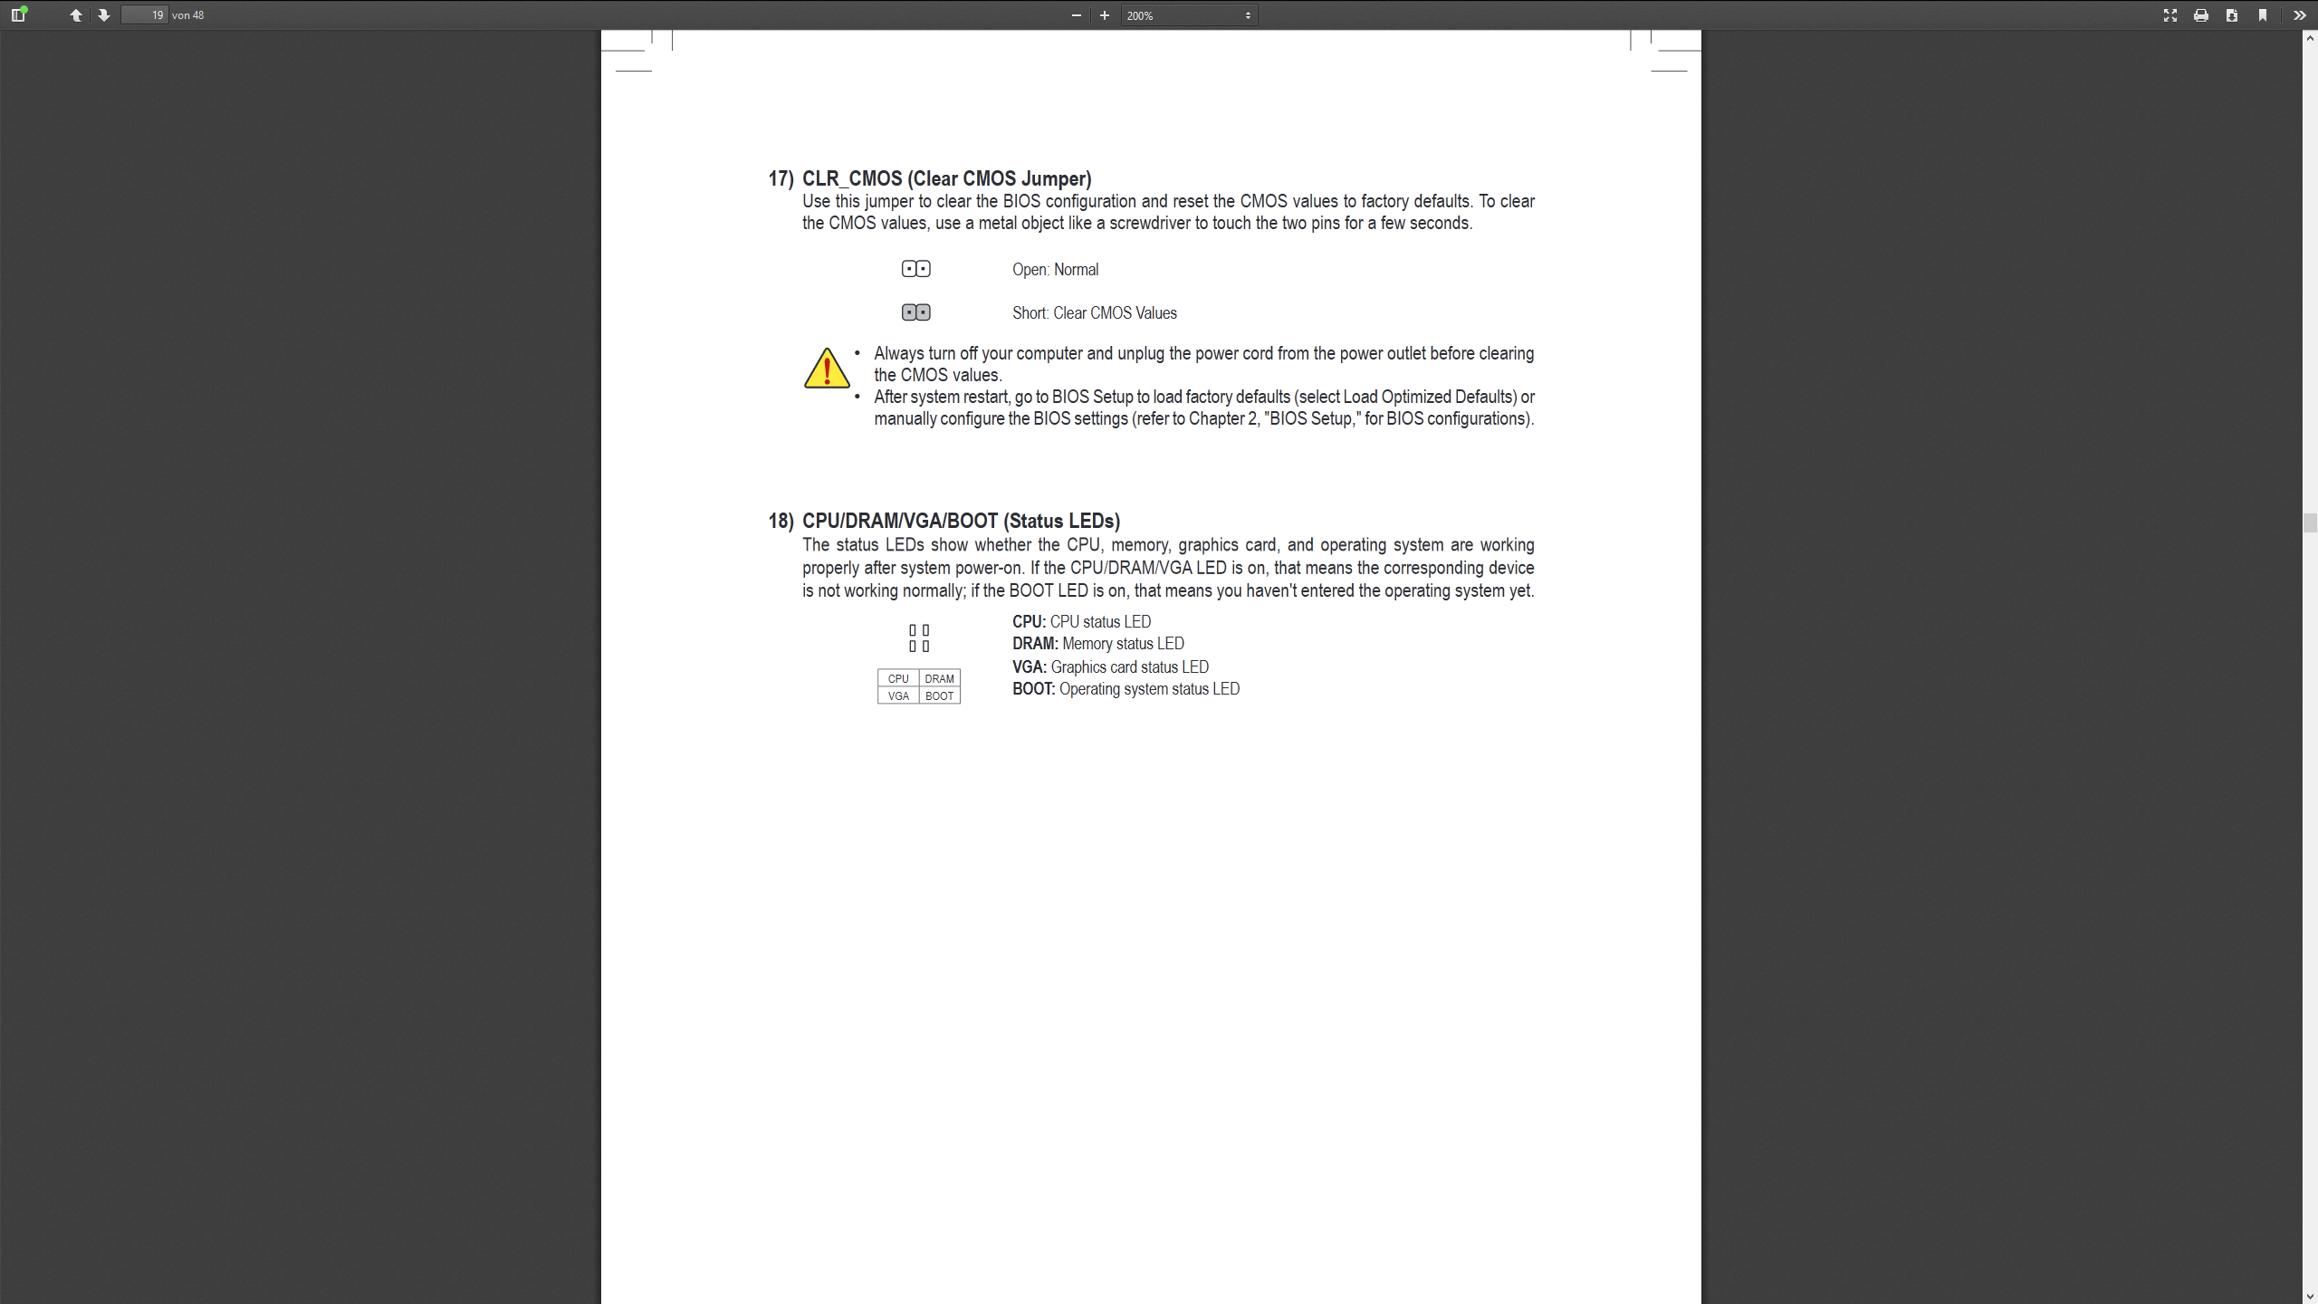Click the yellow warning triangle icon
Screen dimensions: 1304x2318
point(826,369)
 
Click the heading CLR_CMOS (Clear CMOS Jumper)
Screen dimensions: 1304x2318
point(946,178)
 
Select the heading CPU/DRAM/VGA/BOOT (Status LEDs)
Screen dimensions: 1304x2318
point(961,521)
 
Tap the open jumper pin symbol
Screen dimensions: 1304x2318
point(915,269)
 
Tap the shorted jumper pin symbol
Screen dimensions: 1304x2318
point(915,312)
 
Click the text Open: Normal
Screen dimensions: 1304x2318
point(1055,270)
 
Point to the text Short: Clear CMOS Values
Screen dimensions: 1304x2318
point(1094,313)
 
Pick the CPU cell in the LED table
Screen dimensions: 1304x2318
point(898,678)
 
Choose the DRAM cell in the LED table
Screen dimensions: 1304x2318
point(939,678)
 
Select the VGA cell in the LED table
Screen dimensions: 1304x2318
point(898,695)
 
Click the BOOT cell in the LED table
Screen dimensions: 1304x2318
point(939,695)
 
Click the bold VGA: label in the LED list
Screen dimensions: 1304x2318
point(1030,667)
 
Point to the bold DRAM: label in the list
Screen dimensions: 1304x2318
point(1035,644)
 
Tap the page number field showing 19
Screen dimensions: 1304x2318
point(145,15)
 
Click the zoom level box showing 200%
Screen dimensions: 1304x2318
point(1188,15)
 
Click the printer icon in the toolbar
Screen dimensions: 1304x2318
point(2200,15)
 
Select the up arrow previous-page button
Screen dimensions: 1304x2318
point(76,15)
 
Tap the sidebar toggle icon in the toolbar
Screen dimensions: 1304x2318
point(18,15)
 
